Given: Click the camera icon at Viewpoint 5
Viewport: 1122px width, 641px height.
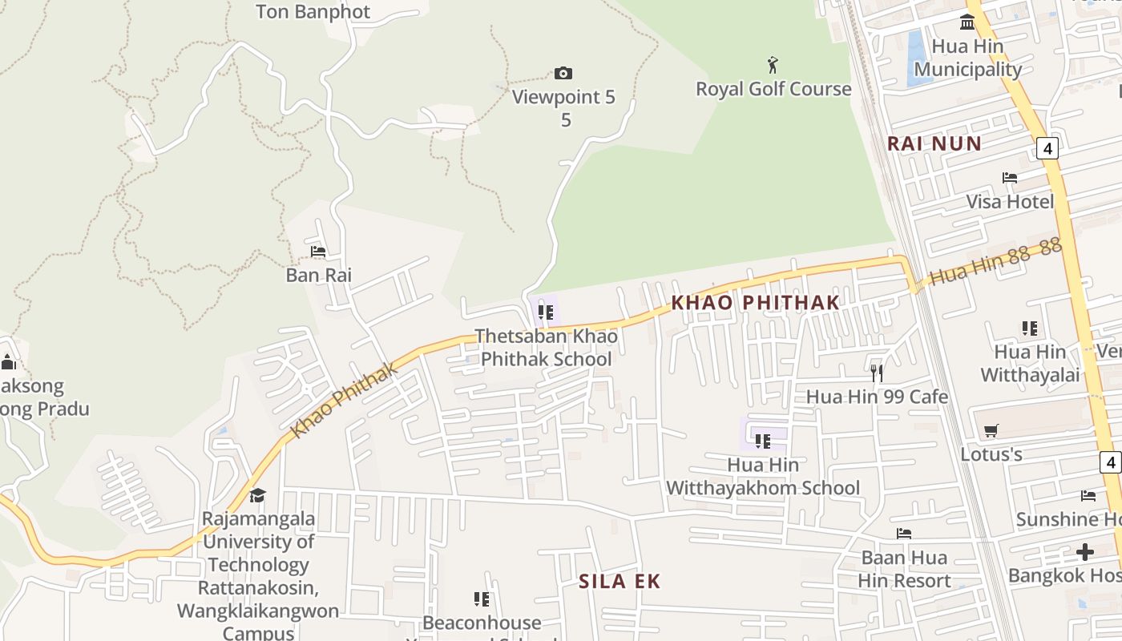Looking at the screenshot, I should coord(563,74).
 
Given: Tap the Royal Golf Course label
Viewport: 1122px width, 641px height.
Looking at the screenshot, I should coord(773,89).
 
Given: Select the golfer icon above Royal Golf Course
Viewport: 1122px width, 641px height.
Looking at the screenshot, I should coord(773,64).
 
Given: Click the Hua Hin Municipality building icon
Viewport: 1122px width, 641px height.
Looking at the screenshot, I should coord(967,22).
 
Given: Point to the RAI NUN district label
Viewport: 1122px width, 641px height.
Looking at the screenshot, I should coord(934,144).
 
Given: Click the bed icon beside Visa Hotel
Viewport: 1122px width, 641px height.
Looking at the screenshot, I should coord(1010,177).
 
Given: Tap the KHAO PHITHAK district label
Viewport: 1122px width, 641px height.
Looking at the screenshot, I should coord(755,303).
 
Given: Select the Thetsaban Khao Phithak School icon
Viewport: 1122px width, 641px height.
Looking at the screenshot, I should coord(546,312).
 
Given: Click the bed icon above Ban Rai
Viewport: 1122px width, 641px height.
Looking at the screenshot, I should coord(318,252).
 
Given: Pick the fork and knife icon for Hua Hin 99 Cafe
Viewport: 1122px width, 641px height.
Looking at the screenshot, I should coord(877,373).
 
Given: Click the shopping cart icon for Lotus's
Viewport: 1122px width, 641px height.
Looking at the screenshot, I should coord(991,431).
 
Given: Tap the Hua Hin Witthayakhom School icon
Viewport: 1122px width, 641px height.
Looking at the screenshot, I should coord(762,441).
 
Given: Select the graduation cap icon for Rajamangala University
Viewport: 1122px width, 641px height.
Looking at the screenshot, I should coord(257,495).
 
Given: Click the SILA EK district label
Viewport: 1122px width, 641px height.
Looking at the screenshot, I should coord(620,582).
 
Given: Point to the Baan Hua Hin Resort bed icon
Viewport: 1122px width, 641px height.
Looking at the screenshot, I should coord(904,534).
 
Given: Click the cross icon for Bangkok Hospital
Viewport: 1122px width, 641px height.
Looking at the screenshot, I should coord(1085,552).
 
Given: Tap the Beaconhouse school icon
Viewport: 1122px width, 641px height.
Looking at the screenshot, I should coord(481,599).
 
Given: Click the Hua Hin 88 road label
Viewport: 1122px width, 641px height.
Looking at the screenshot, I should coord(995,262).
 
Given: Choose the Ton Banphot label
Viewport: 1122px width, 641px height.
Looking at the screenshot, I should coord(313,11).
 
